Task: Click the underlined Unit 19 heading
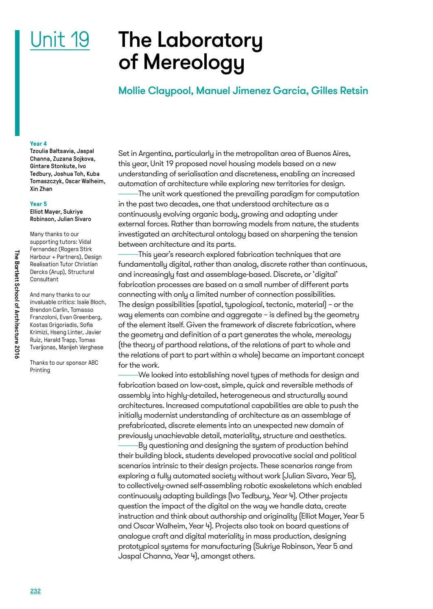[x=60, y=40]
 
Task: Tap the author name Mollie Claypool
[x=155, y=90]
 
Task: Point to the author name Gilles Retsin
[x=339, y=90]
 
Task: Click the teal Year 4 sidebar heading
[x=38, y=144]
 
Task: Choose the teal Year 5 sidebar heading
[x=38, y=204]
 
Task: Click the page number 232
[x=35, y=591]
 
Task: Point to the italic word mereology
[x=333, y=335]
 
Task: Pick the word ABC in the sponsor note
[x=93, y=363]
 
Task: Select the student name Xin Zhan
[x=41, y=189]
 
